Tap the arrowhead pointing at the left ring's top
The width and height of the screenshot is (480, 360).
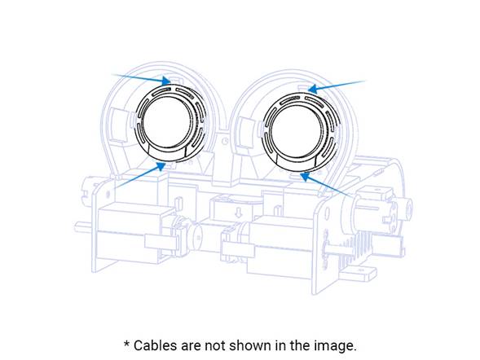click(x=166, y=81)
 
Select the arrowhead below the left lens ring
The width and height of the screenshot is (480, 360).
click(x=161, y=167)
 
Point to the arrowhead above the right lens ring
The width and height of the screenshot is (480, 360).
click(x=312, y=89)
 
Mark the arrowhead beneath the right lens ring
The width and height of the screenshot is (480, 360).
click(x=304, y=177)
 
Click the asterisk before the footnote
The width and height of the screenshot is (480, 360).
click(x=127, y=344)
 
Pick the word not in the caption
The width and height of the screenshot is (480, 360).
click(x=214, y=346)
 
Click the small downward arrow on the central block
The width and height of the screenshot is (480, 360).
click(x=239, y=211)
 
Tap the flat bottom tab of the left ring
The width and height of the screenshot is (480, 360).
click(x=167, y=152)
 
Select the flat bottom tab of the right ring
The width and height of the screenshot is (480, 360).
click(x=297, y=161)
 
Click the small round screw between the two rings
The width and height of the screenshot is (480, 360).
click(x=225, y=141)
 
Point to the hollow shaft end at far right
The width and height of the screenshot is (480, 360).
click(x=408, y=209)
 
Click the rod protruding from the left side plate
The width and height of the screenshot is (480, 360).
click(x=83, y=226)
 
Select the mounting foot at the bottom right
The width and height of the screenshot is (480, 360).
click(x=359, y=273)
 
